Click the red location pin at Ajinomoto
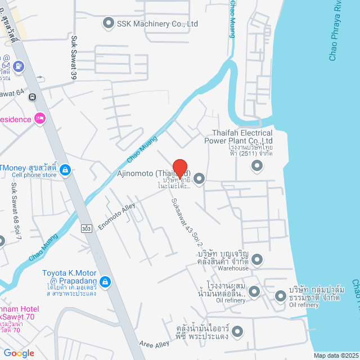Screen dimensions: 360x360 [179, 169]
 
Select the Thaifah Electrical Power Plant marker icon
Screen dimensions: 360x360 [257, 165]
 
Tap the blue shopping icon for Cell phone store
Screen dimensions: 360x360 [65, 168]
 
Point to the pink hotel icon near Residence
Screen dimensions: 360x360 [39, 119]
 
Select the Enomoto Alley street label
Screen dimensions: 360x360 [117, 216]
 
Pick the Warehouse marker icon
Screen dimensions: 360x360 [257, 259]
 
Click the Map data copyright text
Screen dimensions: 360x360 [335, 355]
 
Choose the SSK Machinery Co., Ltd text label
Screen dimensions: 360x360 [157, 24]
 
